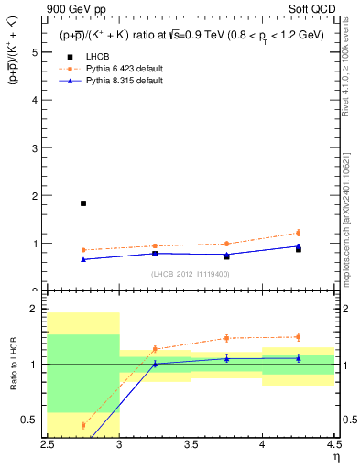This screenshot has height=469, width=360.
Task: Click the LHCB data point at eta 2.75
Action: (83, 203)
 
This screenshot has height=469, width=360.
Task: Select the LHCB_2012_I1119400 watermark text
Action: (191, 273)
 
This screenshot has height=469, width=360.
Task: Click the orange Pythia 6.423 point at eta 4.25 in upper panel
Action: (298, 233)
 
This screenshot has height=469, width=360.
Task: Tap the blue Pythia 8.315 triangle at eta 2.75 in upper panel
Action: (83, 259)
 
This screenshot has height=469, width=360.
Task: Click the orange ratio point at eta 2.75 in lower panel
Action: (83, 425)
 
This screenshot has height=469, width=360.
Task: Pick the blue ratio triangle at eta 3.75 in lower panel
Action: (226, 358)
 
